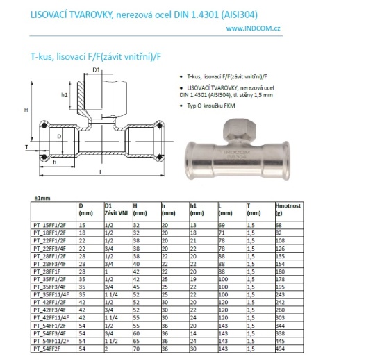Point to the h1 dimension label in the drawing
click(x=65, y=95)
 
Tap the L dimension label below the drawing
click(x=101, y=171)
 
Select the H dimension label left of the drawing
click(x=26, y=110)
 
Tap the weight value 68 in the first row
click(x=259, y=226)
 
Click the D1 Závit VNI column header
click(x=115, y=209)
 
